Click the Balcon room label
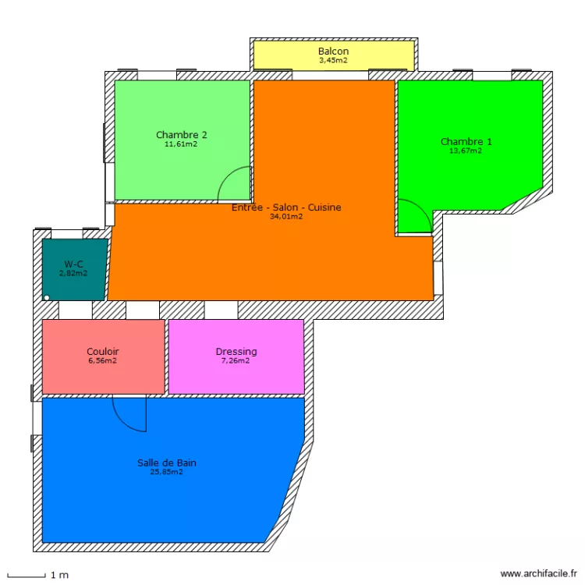(x=333, y=51)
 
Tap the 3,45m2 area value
(x=333, y=60)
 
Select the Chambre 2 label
(x=181, y=135)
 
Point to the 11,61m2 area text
(x=181, y=144)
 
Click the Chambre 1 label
(x=466, y=142)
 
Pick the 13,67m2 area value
(x=466, y=151)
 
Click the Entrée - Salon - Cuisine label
(x=286, y=207)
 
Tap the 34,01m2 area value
(x=286, y=216)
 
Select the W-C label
(x=73, y=264)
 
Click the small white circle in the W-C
(x=47, y=298)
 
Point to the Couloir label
(x=103, y=352)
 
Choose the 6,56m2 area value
(x=103, y=361)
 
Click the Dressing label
(x=236, y=352)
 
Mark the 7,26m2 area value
(x=236, y=361)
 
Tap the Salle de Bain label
(x=167, y=463)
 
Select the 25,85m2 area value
(x=166, y=472)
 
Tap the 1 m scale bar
(x=26, y=576)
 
